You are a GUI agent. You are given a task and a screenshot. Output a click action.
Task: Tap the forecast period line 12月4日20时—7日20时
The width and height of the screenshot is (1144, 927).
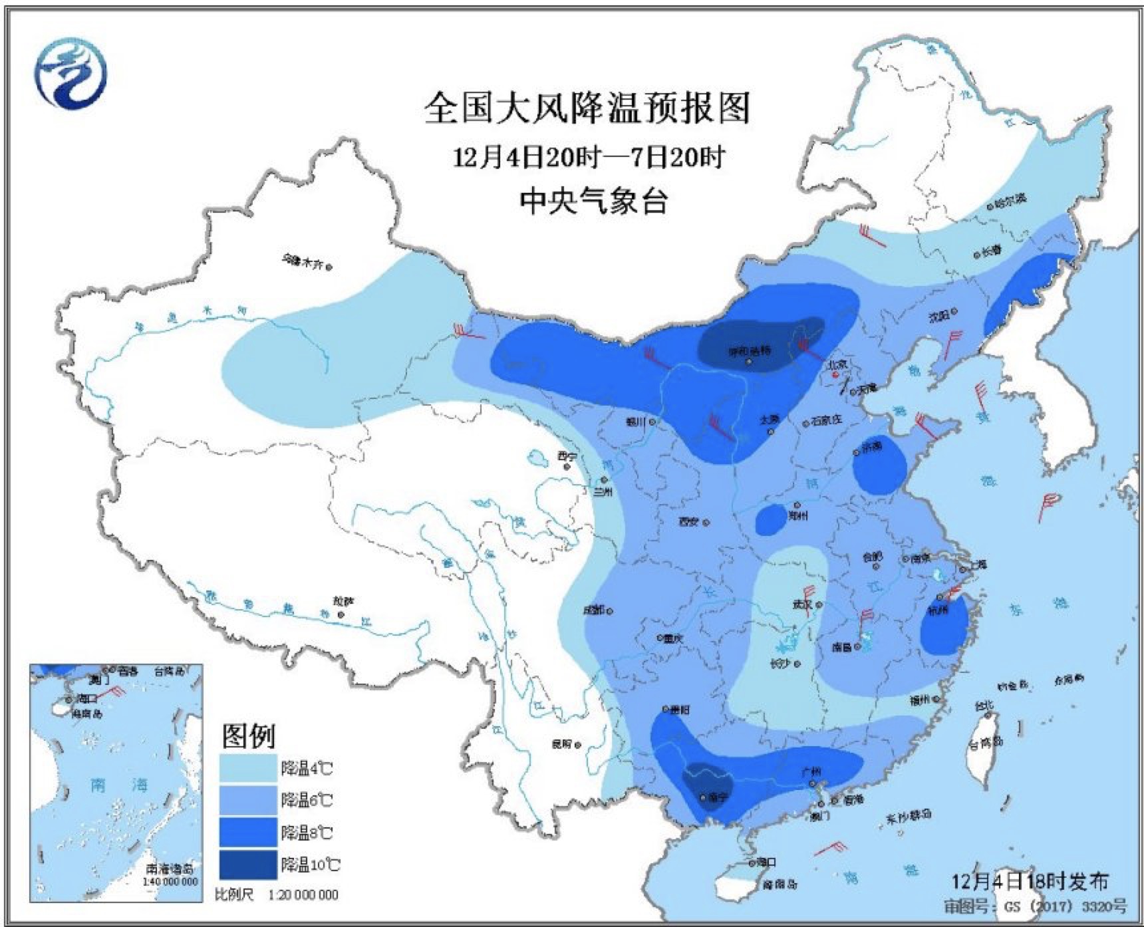click(588, 158)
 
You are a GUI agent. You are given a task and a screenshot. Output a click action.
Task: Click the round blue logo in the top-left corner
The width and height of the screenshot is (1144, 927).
click(71, 72)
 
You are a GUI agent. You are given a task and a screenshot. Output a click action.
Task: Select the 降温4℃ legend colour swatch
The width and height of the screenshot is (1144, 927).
click(249, 768)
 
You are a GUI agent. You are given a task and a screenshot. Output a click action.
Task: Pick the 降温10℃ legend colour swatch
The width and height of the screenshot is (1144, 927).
click(249, 864)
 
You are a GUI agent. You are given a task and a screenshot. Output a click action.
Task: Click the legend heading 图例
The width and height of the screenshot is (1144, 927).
click(248, 735)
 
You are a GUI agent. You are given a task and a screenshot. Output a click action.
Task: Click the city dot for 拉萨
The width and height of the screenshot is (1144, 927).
click(341, 615)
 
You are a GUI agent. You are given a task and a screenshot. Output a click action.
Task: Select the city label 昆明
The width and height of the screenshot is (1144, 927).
click(561, 744)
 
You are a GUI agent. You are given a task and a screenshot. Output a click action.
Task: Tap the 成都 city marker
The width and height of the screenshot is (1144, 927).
click(609, 611)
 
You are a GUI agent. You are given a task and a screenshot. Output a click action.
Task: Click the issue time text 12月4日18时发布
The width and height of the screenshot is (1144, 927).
click(1030, 882)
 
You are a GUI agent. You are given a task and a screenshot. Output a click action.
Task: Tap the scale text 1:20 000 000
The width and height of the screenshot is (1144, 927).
click(303, 894)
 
